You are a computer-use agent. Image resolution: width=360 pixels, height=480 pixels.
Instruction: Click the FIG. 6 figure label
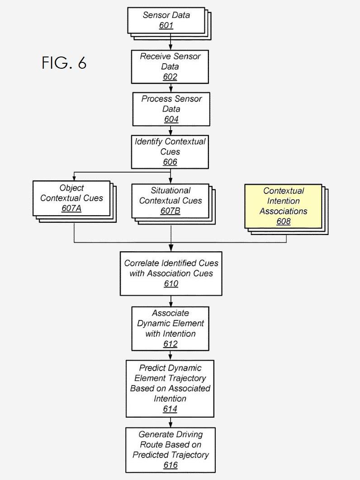(x=64, y=62)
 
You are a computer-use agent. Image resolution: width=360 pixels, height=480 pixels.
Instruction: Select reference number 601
(x=166, y=25)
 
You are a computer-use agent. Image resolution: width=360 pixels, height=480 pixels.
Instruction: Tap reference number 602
(x=170, y=76)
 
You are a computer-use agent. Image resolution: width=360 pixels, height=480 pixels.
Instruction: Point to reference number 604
(x=171, y=119)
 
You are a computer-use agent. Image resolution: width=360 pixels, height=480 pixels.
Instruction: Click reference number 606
(x=170, y=162)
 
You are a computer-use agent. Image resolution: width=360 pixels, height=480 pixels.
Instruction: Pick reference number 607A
(x=71, y=208)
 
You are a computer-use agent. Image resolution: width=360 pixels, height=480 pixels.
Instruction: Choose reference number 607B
(x=170, y=211)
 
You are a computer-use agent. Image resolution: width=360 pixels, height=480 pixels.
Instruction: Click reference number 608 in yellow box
(x=284, y=221)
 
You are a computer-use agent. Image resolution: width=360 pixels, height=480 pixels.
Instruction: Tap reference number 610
(x=171, y=283)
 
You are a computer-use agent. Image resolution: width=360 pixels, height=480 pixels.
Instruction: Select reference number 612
(x=170, y=344)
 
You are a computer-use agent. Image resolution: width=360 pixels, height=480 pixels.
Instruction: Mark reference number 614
(x=170, y=409)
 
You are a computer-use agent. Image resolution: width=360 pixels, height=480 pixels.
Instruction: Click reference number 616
(x=171, y=465)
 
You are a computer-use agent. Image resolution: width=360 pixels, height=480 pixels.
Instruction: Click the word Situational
(x=171, y=190)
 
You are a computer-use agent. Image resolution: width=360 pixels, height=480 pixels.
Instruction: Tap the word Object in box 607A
(x=71, y=188)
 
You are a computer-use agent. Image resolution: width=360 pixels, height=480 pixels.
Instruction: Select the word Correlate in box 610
(x=142, y=263)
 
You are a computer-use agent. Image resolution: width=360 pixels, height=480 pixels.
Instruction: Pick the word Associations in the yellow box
(x=284, y=211)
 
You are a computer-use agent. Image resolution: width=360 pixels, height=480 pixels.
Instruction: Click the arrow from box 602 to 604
(x=171, y=88)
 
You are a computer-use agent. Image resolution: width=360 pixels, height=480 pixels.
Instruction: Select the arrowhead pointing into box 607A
(x=74, y=178)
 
